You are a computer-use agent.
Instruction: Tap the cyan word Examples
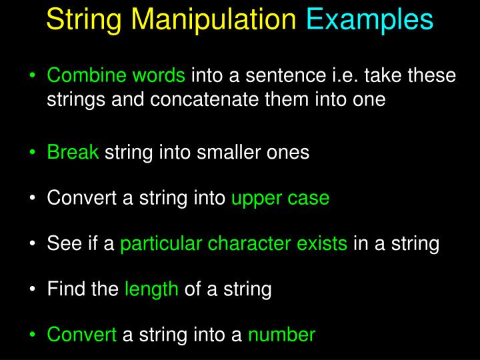click(370, 20)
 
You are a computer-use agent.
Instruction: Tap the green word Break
click(73, 153)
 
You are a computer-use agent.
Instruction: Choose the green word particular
click(161, 244)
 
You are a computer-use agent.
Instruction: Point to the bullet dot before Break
click(33, 153)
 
